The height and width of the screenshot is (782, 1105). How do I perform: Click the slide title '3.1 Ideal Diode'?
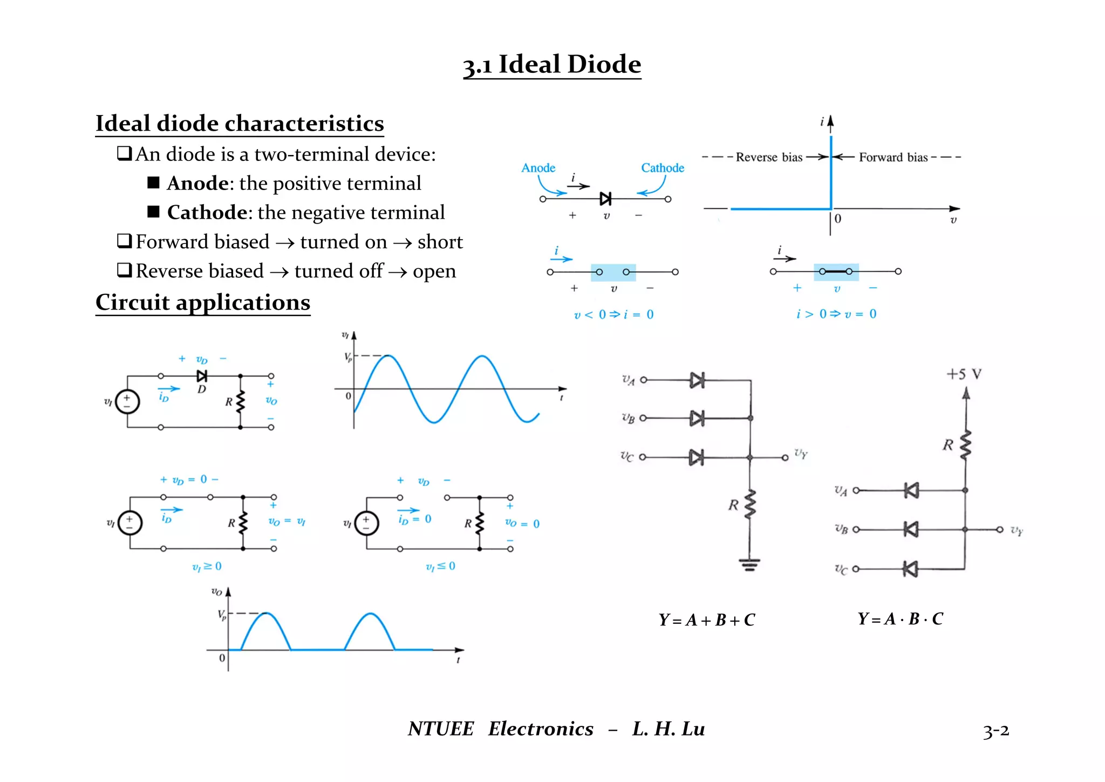point(552,65)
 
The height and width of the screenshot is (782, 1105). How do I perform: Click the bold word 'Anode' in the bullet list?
point(197,184)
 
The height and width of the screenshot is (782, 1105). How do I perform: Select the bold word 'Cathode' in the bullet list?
point(207,213)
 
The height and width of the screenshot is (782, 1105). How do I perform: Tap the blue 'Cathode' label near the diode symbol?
point(662,168)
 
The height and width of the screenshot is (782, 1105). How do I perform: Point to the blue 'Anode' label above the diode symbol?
point(538,168)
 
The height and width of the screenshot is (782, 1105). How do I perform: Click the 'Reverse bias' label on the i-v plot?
point(769,157)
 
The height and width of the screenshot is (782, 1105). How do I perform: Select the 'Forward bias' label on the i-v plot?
point(893,157)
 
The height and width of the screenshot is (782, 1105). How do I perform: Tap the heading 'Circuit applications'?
point(203,302)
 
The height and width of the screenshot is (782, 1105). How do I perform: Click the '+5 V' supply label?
point(964,374)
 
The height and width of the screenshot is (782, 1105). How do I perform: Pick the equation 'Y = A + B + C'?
point(706,620)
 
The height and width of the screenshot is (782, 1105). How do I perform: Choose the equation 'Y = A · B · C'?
point(900,619)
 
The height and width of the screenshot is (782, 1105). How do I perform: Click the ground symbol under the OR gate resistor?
point(749,565)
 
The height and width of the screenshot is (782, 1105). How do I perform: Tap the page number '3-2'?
point(995,731)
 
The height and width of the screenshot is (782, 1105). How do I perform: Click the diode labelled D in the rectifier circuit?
point(202,376)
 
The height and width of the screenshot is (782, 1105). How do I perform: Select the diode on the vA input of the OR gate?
point(697,380)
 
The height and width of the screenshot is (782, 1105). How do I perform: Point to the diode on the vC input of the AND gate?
point(911,569)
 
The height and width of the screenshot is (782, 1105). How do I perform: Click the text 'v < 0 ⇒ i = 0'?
point(613,314)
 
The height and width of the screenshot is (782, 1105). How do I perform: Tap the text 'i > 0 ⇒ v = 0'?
point(836,314)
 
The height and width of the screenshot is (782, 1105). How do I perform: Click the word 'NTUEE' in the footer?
point(440,729)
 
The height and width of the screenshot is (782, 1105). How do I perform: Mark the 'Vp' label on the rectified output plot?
point(222,615)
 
